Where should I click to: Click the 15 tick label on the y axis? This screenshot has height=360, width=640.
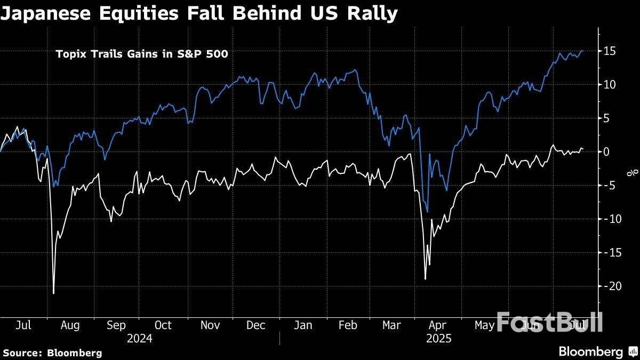click(611, 51)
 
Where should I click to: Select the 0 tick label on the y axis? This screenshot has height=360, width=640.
click(607, 151)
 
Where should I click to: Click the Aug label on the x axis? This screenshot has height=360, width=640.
click(70, 325)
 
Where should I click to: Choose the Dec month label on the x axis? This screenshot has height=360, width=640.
click(256, 325)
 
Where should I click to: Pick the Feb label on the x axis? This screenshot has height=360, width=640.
click(348, 325)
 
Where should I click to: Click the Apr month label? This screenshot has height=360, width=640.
click(437, 325)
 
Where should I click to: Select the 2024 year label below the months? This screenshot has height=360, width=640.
click(139, 338)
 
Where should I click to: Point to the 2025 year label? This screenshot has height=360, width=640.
click(438, 338)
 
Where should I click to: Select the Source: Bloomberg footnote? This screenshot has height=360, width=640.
click(52, 353)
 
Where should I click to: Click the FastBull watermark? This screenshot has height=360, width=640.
click(550, 322)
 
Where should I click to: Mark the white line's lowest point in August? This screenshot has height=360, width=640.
click(53, 293)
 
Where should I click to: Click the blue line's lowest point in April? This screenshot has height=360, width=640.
click(427, 212)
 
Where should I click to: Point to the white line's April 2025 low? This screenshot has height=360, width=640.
click(425, 279)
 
